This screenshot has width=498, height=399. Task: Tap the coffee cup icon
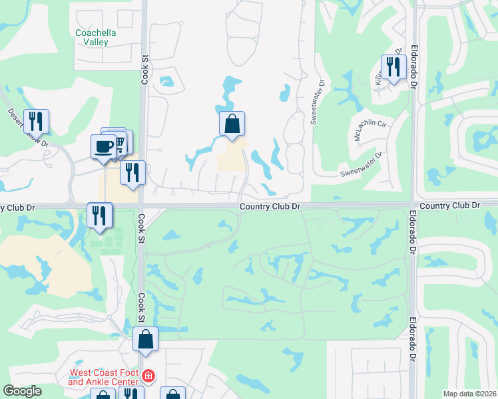[x=104, y=147]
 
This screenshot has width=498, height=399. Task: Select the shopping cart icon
[x=119, y=141]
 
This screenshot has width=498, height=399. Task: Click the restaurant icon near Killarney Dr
[x=393, y=66]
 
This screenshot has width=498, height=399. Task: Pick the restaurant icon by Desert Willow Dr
[x=36, y=121]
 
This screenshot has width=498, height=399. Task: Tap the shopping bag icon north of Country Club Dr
[x=232, y=124]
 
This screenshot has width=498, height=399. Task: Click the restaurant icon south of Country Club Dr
[x=100, y=215]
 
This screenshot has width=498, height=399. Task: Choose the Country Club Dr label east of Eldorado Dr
[x=450, y=205]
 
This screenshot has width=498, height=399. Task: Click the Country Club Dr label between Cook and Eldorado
[x=270, y=207]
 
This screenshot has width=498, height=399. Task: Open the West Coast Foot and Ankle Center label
[x=103, y=378]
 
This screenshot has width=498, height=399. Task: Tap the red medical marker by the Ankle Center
[x=148, y=378]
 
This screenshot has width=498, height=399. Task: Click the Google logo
[x=22, y=391]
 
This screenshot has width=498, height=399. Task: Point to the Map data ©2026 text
[x=469, y=394]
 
